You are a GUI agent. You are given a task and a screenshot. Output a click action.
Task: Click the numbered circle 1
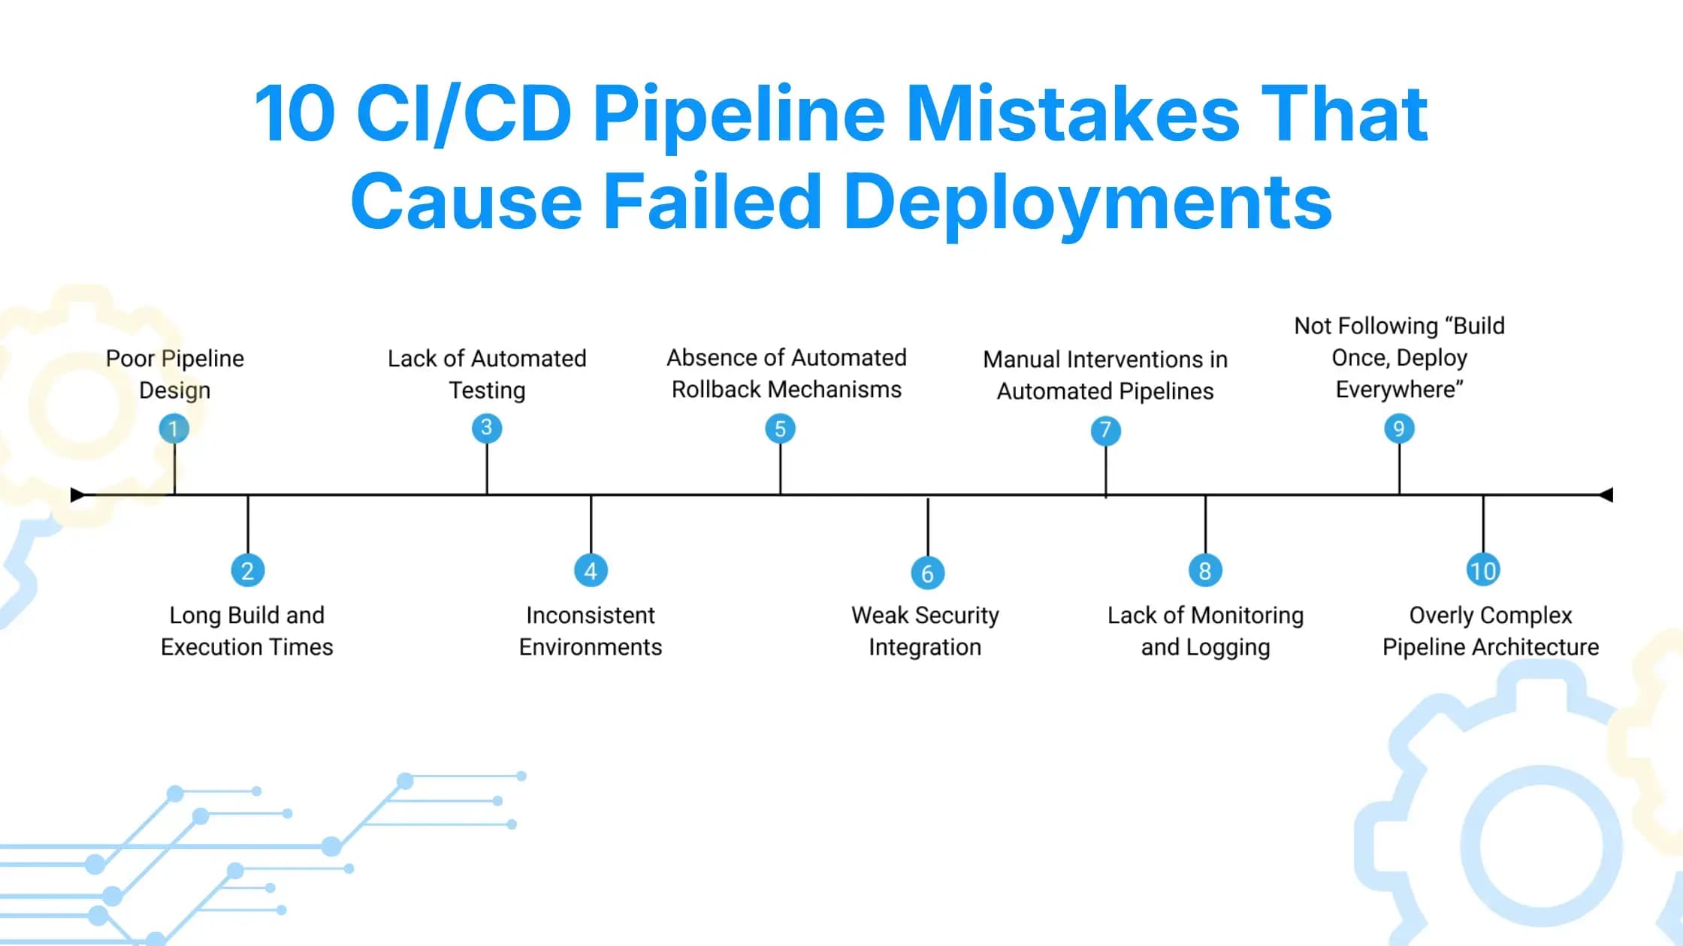(174, 429)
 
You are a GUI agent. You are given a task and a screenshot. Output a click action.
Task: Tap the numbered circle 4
(591, 571)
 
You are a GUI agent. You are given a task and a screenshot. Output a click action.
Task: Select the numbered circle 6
(927, 574)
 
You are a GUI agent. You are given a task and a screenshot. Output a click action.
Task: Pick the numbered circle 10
(1483, 571)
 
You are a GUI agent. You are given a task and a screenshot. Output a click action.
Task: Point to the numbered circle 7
(1105, 430)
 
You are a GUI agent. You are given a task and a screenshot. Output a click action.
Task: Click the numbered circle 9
(1399, 429)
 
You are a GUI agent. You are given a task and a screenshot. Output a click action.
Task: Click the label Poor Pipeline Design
(174, 374)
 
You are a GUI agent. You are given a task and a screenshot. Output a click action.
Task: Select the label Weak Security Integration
(925, 631)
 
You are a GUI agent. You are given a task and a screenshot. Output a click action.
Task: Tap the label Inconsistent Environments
(591, 631)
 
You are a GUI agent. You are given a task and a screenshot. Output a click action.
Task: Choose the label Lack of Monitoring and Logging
(1205, 631)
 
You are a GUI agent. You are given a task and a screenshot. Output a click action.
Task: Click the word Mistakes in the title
(1072, 114)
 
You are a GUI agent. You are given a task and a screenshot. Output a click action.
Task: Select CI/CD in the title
(464, 114)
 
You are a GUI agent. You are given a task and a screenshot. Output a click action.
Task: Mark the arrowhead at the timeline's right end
(1606, 495)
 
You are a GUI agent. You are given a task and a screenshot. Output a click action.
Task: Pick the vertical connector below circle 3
(487, 468)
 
